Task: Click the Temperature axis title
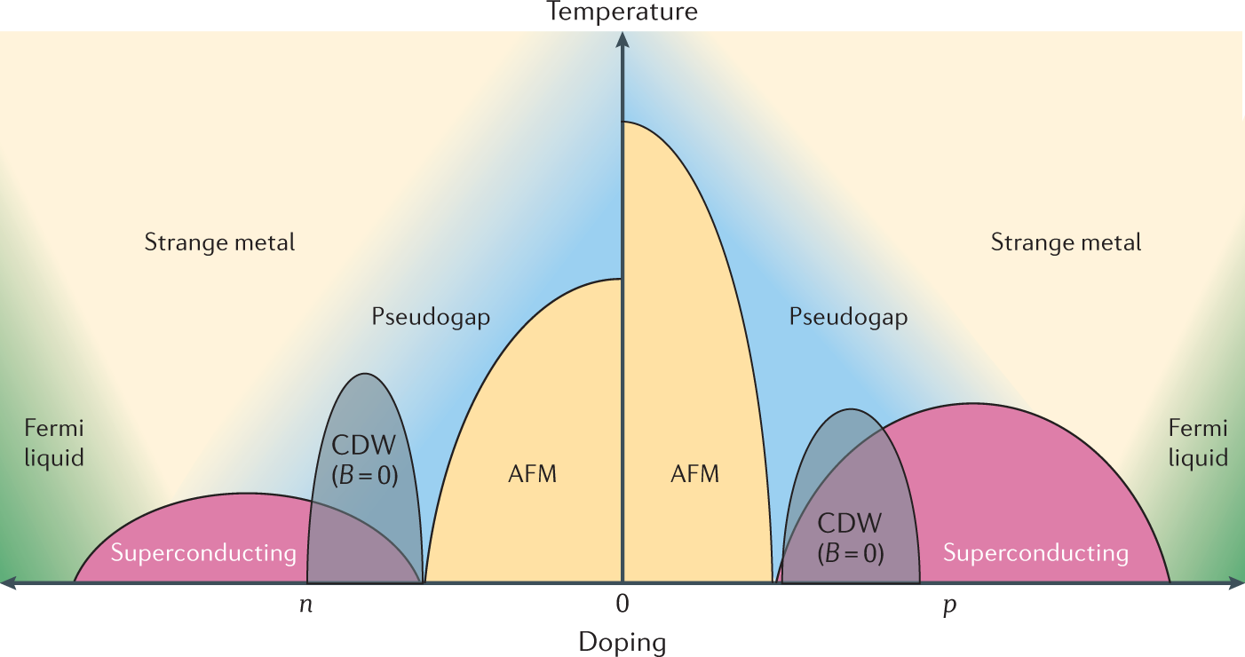click(x=622, y=12)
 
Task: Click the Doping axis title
click(x=622, y=641)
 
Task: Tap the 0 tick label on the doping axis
click(x=622, y=605)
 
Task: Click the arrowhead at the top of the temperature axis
click(x=622, y=39)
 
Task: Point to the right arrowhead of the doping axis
click(x=1235, y=583)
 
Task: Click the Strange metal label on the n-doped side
click(x=219, y=241)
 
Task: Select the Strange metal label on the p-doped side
click(x=1066, y=241)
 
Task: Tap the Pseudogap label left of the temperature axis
click(x=431, y=317)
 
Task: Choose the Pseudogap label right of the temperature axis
click(x=848, y=317)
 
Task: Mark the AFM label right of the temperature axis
click(x=694, y=473)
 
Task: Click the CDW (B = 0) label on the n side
click(x=364, y=459)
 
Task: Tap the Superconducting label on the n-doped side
click(x=202, y=554)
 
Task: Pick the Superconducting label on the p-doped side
click(x=1035, y=554)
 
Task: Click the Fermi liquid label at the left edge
click(x=53, y=443)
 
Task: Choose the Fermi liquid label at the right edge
click(x=1198, y=443)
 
